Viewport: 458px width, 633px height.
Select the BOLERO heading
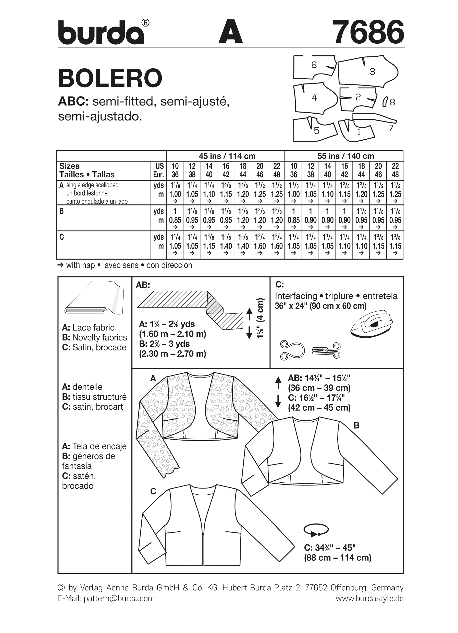[110, 78]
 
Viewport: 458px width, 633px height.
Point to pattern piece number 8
[386, 102]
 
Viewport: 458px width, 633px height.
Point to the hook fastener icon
[326, 350]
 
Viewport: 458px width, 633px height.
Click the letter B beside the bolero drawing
[356, 426]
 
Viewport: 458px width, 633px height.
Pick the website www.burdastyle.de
[369, 598]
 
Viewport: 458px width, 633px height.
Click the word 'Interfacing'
[296, 296]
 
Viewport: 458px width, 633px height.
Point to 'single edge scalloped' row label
[92, 185]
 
